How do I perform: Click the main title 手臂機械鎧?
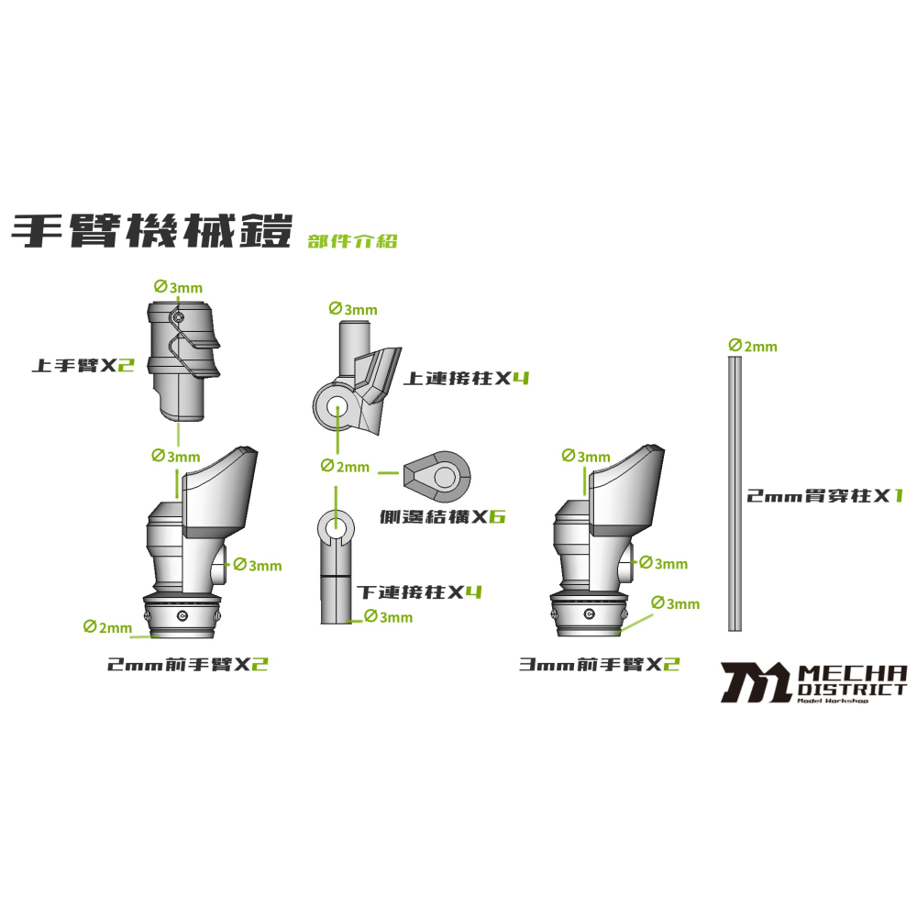tap(151, 230)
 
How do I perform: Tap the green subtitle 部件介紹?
tap(353, 241)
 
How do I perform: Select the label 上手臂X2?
tap(83, 364)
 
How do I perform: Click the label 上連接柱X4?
tap(467, 377)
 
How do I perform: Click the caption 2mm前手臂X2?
tap(188, 664)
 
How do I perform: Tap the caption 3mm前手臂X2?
tap(600, 664)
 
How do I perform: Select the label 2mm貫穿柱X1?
tap(825, 496)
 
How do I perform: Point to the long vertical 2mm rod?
tap(735, 495)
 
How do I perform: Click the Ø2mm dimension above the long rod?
tap(753, 346)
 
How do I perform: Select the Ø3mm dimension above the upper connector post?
tap(352, 309)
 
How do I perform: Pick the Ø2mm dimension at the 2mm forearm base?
tap(107, 626)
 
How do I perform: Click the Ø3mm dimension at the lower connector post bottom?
tap(388, 617)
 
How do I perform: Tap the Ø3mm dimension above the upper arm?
tap(179, 287)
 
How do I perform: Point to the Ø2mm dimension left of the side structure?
tap(345, 467)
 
